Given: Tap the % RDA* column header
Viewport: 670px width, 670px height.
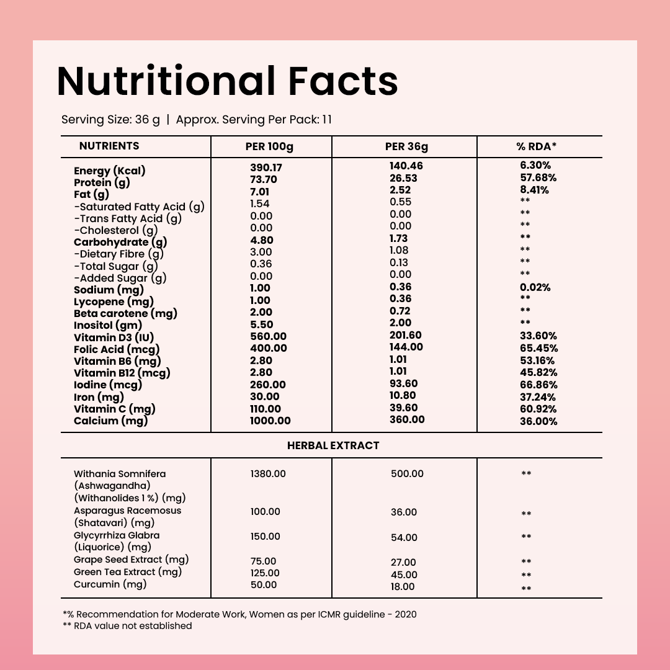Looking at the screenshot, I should (537, 146).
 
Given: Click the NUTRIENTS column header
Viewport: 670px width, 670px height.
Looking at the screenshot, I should (109, 146).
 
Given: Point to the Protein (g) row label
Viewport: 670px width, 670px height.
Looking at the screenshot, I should (101, 182).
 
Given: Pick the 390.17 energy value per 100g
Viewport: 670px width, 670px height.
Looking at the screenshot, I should (266, 167).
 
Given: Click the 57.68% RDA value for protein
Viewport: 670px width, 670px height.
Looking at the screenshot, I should (538, 178).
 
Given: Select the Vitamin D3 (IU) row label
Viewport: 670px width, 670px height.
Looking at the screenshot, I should (114, 337).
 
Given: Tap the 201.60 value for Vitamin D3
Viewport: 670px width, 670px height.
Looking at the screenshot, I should (406, 335).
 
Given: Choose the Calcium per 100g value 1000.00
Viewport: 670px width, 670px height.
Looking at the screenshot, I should (270, 421).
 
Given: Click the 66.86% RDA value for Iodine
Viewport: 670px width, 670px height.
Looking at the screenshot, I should (538, 385).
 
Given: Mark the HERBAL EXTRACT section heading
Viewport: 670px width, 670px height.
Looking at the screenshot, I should (333, 445).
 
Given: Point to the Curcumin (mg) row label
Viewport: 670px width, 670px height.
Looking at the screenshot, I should (110, 584).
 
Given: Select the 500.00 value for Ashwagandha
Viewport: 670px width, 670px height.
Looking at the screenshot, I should (407, 474).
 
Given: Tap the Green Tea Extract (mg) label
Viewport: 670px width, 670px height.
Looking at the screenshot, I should (128, 572).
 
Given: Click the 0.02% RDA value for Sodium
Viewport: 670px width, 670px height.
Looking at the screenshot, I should (535, 288).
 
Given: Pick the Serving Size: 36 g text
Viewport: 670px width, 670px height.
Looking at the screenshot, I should (110, 119).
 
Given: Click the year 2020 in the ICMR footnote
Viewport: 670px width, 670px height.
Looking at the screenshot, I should (404, 614).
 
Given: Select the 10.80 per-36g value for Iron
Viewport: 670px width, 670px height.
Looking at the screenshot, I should (403, 396).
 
